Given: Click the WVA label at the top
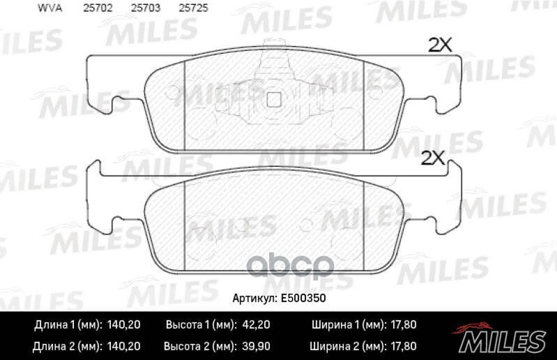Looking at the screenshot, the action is pyautogui.click(x=49, y=8).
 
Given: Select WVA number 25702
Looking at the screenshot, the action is pyautogui.click(x=98, y=8).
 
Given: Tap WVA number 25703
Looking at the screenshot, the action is pyautogui.click(x=146, y=8).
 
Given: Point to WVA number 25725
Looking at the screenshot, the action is pyautogui.click(x=193, y=8).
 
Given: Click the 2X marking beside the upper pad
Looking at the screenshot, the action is pyautogui.click(x=440, y=45).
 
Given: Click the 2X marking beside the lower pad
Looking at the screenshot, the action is pyautogui.click(x=433, y=158).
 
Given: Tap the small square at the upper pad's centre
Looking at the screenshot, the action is pyautogui.click(x=274, y=99).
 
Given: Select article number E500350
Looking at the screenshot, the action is pyautogui.click(x=303, y=298).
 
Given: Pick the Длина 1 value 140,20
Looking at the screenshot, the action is pyautogui.click(x=123, y=324).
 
